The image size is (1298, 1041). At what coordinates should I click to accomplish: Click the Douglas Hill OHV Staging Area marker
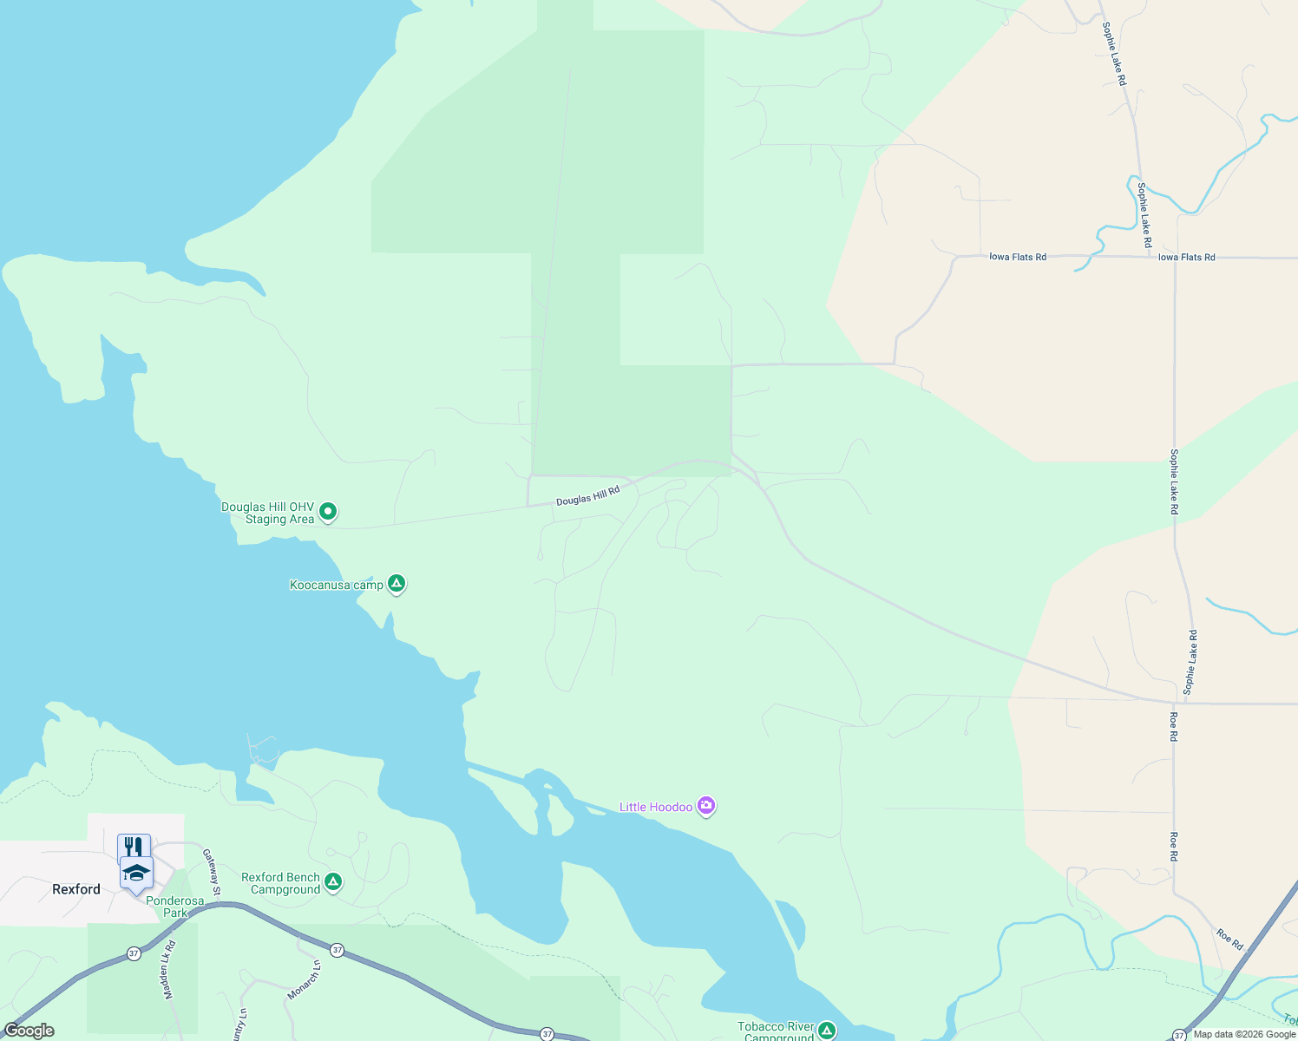[x=328, y=512]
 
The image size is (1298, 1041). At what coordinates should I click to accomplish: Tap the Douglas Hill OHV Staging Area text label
[x=267, y=514]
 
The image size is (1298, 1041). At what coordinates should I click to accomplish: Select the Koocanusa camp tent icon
[x=397, y=584]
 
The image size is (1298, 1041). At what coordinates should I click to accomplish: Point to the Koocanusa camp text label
[x=336, y=586]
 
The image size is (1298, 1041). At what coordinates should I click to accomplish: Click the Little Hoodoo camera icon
[x=706, y=807]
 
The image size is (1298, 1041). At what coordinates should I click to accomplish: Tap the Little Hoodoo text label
[x=656, y=808]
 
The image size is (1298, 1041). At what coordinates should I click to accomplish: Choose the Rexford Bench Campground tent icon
[x=333, y=882]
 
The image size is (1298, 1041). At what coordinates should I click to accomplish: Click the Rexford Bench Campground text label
[x=280, y=884]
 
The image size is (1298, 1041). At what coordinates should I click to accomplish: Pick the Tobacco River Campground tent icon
[x=826, y=1031]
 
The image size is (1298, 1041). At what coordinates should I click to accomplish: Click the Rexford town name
[x=76, y=889]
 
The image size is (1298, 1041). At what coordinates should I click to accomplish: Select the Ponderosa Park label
[x=175, y=907]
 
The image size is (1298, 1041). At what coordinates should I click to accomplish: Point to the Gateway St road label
[x=212, y=872]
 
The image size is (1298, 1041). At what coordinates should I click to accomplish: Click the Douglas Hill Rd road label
[x=588, y=496]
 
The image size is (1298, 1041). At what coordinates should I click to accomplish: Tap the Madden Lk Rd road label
[x=170, y=969]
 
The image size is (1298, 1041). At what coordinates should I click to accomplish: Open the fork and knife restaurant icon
[x=134, y=846]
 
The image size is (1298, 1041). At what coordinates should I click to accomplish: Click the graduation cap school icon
[x=137, y=871]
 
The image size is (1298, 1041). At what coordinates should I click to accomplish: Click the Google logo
[x=29, y=1031]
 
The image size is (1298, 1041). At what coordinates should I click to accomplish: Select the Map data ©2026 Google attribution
[x=1244, y=1034]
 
